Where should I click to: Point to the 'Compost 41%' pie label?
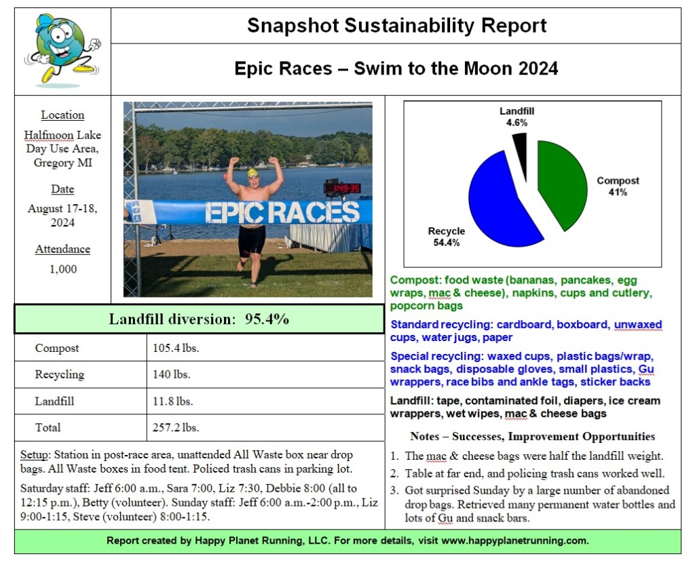618,186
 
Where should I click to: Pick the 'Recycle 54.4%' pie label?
446,237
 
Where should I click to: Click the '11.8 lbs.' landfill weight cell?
173,401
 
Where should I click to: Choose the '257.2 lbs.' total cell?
176,427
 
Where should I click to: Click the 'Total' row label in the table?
48,427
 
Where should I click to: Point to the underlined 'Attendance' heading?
62,250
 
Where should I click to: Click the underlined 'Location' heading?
62,115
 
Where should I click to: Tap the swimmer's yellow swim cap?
253,173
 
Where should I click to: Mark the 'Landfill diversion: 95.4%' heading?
200,319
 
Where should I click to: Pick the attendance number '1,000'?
63,269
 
